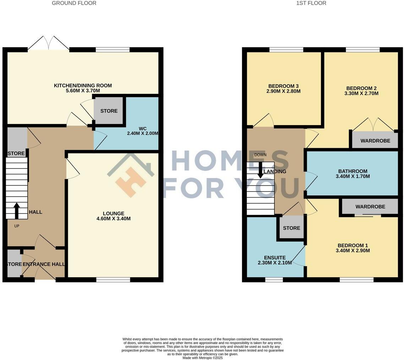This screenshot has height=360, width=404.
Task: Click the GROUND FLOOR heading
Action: (74, 3)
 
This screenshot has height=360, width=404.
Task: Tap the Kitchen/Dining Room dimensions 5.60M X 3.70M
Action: (83, 91)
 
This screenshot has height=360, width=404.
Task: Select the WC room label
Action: (143, 128)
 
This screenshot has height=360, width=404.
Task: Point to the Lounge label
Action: (114, 213)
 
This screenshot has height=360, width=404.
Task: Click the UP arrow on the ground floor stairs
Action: (16, 210)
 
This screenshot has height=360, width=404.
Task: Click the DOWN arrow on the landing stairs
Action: (260, 170)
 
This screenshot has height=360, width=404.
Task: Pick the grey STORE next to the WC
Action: (109, 111)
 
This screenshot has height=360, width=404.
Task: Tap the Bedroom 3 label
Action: (283, 86)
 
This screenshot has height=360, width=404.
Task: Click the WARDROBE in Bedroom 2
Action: (375, 141)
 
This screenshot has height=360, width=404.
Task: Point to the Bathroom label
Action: (353, 171)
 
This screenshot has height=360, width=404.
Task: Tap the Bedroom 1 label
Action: (353, 245)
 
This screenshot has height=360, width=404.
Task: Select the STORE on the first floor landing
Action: (291, 228)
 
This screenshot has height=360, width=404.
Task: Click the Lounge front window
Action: (113, 280)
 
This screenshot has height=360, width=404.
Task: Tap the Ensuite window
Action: (274, 280)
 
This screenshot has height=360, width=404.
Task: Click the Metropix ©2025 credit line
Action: (202, 358)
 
